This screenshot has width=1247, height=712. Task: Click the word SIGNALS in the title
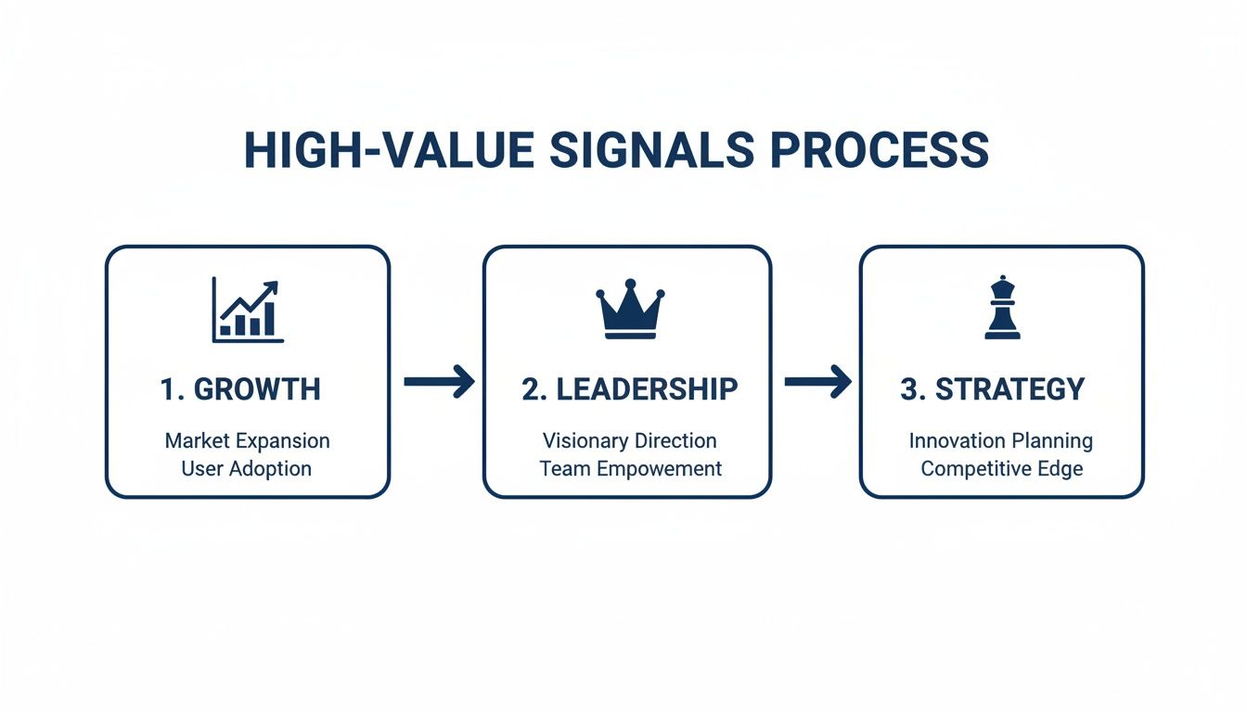coord(651,150)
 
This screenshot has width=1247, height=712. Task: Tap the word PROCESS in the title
coord(880,150)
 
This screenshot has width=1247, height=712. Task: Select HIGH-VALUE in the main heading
coord(389,150)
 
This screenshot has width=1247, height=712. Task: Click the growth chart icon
coord(248,311)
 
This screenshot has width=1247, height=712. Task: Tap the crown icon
coord(630,309)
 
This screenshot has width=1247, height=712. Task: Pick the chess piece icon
coord(1002,309)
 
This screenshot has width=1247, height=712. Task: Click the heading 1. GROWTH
coord(240,389)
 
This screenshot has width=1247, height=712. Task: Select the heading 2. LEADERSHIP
coord(629,389)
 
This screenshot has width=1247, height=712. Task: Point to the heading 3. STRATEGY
coord(992,389)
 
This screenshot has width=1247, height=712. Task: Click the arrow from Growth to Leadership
coord(439,381)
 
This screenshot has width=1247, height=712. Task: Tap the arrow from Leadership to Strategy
coord(817,381)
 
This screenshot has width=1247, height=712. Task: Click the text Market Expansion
coord(247,440)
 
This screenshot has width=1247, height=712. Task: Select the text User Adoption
coord(247,468)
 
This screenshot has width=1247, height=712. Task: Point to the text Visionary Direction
coord(629,440)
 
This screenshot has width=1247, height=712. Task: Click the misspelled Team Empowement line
coord(630,468)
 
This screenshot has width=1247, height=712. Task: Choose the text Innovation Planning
coord(1000,440)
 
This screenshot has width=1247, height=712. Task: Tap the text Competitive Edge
coord(1001,468)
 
